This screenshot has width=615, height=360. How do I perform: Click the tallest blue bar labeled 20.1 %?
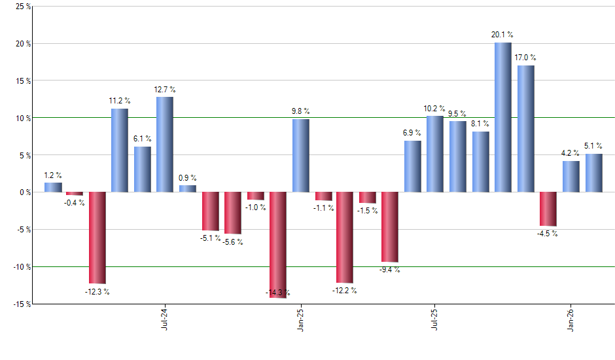[x=502, y=117]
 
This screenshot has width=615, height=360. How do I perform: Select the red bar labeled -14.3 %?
[x=278, y=245]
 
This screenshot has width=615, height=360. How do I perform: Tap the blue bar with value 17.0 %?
[x=525, y=128]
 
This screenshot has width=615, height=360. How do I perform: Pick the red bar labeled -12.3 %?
[x=97, y=238]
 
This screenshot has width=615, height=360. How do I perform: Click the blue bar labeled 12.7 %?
[x=165, y=145]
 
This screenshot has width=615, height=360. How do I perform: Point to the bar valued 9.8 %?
[x=300, y=155]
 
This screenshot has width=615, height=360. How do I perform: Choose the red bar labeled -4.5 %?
[x=548, y=209]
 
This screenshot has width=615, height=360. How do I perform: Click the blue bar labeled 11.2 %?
[x=119, y=150]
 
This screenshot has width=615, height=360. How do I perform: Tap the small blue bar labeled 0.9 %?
[x=188, y=189]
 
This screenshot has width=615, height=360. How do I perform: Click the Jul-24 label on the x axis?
[x=164, y=319]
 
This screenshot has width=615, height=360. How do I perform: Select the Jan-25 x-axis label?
[x=300, y=319]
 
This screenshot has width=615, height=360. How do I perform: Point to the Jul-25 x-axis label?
[x=434, y=319]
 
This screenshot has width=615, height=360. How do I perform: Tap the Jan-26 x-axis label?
[x=571, y=319]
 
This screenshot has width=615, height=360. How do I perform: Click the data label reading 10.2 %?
[x=434, y=109]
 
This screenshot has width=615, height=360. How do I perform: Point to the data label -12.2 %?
[x=344, y=290]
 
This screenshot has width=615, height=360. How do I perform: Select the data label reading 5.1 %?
[x=593, y=146]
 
